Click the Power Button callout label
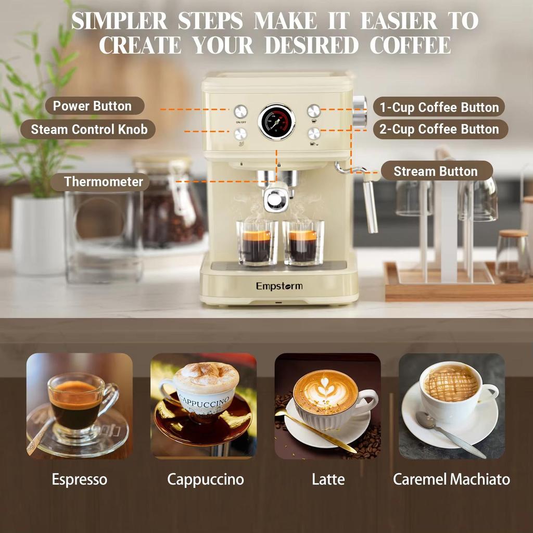[92, 106]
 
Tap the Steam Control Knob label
[89, 129]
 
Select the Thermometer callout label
[103, 182]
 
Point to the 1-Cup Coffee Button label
[439, 107]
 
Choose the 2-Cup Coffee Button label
[439, 129]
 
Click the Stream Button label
[436, 171]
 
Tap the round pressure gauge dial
[276, 122]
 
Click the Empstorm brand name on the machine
[279, 286]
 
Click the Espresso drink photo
[80, 406]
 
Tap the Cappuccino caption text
[205, 479]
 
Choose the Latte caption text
[328, 479]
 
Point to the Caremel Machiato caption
[451, 479]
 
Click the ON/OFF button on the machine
[240, 111]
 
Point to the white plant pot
[39, 234]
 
